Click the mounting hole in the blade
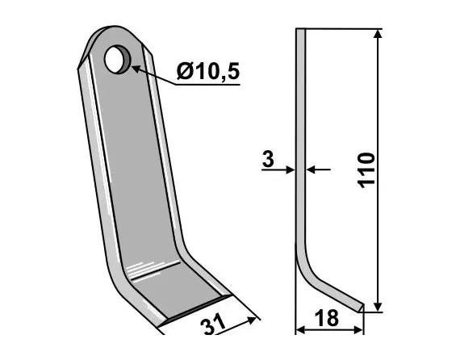point(119,58)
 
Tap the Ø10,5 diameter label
point(207,72)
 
